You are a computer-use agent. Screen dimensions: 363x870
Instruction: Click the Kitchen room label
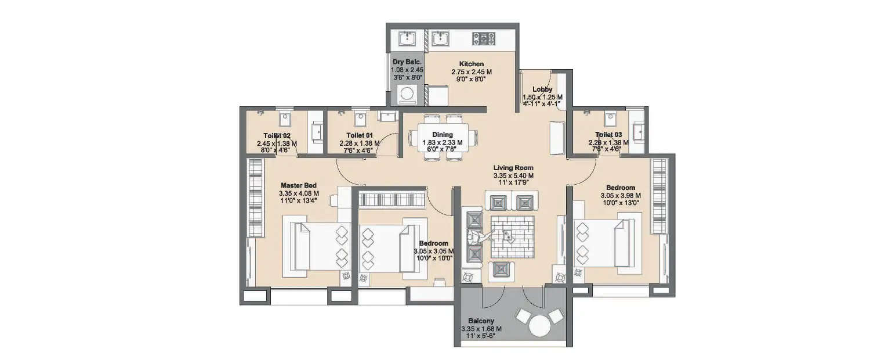471,64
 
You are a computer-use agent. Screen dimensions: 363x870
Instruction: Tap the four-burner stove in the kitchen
484,39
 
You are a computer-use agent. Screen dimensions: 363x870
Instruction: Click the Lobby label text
542,89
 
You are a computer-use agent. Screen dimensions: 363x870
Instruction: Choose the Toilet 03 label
605,134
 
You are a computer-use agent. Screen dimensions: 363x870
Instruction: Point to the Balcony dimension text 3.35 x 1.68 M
481,329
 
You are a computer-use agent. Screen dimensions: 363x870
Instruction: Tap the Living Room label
513,168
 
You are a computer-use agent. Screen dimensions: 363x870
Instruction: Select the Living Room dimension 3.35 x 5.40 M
513,175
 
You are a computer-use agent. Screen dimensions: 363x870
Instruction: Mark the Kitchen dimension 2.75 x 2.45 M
471,72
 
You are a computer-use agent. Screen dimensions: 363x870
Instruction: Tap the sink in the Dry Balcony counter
407,39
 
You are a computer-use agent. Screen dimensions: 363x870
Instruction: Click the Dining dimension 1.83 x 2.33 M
443,142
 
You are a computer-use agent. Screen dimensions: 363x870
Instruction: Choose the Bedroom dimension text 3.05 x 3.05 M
433,251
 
